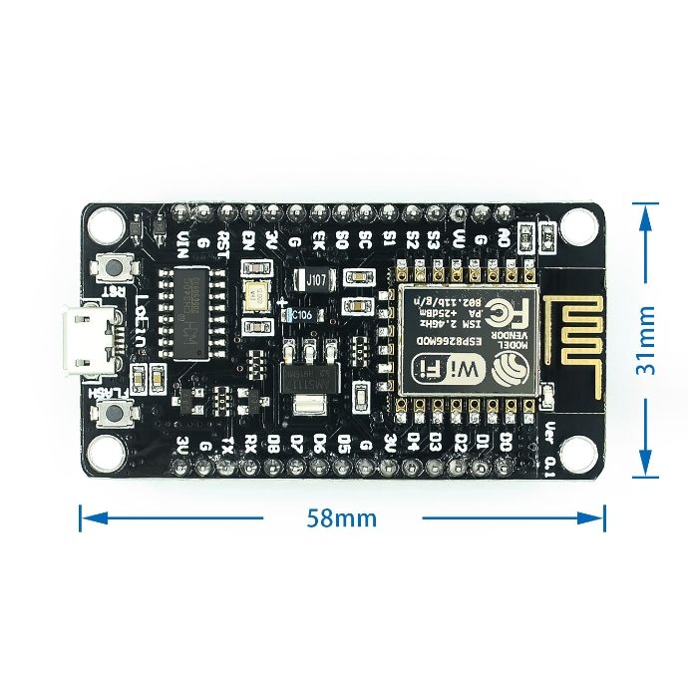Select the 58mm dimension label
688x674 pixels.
point(342,518)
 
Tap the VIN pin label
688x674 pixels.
point(182,242)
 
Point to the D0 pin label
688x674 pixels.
point(506,440)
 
